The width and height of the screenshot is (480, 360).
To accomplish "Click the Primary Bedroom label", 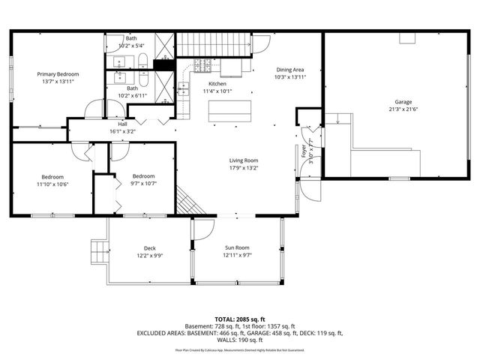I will point(58,74).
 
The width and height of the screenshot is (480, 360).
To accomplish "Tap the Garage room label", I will point(403,102).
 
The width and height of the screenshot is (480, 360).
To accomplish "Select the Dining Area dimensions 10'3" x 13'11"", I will point(289,76).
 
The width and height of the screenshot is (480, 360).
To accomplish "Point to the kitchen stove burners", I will point(203,66).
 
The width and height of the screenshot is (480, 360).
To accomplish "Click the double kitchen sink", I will point(184,91).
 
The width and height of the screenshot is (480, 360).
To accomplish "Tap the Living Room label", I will point(244,160).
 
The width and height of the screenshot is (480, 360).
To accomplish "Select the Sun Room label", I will point(237,247).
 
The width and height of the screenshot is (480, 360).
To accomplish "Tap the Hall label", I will point(122,124).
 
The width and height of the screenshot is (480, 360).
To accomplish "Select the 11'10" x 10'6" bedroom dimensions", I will point(52,184).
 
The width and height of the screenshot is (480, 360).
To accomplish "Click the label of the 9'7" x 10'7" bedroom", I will point(143,175).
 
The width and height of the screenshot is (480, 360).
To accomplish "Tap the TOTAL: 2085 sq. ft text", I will point(239,319).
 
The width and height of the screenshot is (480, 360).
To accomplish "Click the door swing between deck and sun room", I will point(201,229).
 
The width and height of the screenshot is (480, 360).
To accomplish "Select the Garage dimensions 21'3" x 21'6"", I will point(403,109).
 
